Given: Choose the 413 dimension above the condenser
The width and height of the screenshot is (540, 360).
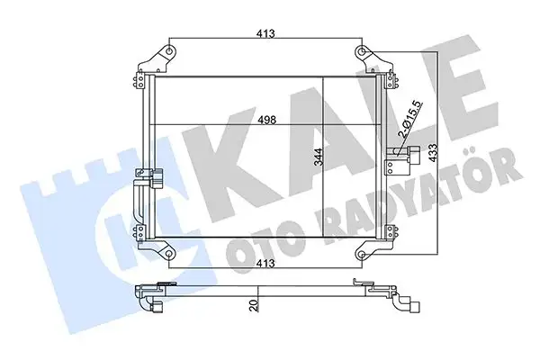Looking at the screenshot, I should coord(264,34).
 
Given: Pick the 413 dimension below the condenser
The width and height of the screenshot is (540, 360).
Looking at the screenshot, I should coord(264,265).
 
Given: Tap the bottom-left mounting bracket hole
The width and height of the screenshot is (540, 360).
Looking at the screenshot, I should coord(167,255).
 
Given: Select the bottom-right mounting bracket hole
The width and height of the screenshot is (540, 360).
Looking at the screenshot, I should coord(360,255).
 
